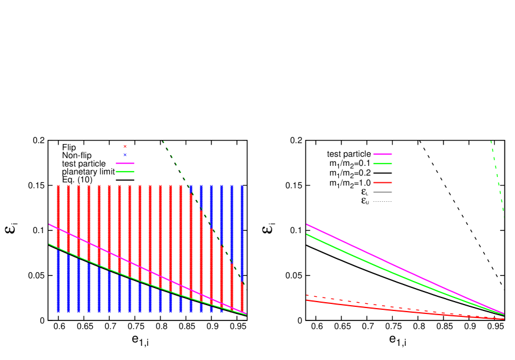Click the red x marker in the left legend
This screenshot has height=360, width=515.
tap(125, 146)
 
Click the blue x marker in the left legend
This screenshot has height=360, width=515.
tap(125, 155)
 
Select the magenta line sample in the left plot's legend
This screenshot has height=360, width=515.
tap(125, 163)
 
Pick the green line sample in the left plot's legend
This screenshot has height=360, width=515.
tap(125, 171)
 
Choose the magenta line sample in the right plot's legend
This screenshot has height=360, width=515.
tap(383, 155)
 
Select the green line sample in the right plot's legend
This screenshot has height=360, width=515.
tap(383, 163)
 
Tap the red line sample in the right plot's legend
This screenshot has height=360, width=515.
tap(383, 182)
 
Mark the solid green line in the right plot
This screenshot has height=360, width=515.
tap(384, 269)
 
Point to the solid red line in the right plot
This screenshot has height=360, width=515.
tap(384, 309)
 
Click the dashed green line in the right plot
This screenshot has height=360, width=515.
tap(497, 177)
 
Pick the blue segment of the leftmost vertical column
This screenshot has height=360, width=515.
tap(58, 283)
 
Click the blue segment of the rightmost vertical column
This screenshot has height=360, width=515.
tap(242, 230)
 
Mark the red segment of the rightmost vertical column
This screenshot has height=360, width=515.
tap(242, 298)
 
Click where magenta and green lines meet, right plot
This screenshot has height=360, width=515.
tap(503, 313)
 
